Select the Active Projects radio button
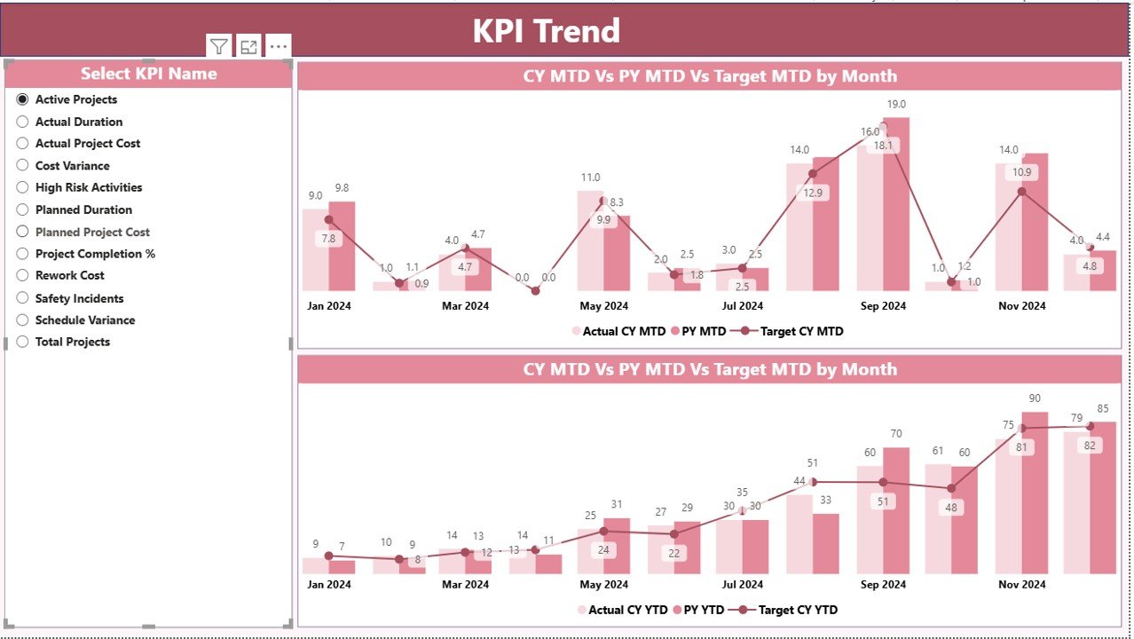23,99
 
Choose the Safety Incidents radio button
23,298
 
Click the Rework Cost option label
69,275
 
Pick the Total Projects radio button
23,342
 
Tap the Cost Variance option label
72,165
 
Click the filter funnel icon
218,47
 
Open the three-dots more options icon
278,47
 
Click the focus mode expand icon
248,47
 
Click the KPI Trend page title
546,31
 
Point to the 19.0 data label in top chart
896,104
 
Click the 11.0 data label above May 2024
590,177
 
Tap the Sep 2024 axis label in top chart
883,306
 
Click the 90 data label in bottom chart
1035,398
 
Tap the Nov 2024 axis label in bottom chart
1021,585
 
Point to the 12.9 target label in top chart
813,193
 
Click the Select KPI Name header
148,74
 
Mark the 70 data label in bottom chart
896,434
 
